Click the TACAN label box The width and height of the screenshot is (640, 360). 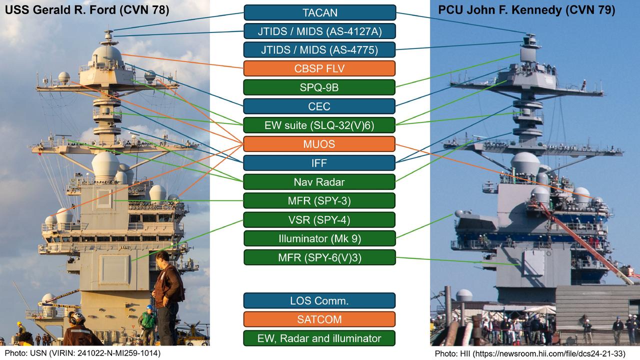pyautogui.click(x=319, y=12)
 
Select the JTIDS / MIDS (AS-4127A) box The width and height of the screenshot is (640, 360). pyautogui.click(x=319, y=31)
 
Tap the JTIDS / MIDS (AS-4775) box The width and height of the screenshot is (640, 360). pyautogui.click(x=319, y=49)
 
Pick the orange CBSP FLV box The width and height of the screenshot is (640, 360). pyautogui.click(x=319, y=68)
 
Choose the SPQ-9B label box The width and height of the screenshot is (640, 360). pyautogui.click(x=319, y=87)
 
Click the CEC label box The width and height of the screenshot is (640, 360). pyautogui.click(x=319, y=106)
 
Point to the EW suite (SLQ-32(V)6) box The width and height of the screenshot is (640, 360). pyautogui.click(x=319, y=125)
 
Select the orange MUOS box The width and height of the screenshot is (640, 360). pyautogui.click(x=319, y=144)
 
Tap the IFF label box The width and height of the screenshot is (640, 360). pyautogui.click(x=319, y=163)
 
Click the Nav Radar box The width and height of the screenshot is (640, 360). pyautogui.click(x=319, y=181)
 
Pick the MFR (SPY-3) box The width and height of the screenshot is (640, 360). pyautogui.click(x=319, y=200)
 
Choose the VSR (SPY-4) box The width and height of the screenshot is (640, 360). pyautogui.click(x=319, y=219)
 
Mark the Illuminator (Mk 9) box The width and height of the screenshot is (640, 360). pyautogui.click(x=319, y=238)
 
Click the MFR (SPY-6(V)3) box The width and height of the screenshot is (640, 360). pyautogui.click(x=319, y=257)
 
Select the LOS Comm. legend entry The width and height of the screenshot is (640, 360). pyautogui.click(x=319, y=300)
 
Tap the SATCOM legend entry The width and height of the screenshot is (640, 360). pyautogui.click(x=319, y=319)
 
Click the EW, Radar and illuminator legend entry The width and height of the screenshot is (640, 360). pyautogui.click(x=319, y=338)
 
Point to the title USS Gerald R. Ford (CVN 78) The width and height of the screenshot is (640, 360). pyautogui.click(x=87, y=10)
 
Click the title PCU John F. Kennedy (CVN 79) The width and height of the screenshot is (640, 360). pyautogui.click(x=526, y=10)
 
